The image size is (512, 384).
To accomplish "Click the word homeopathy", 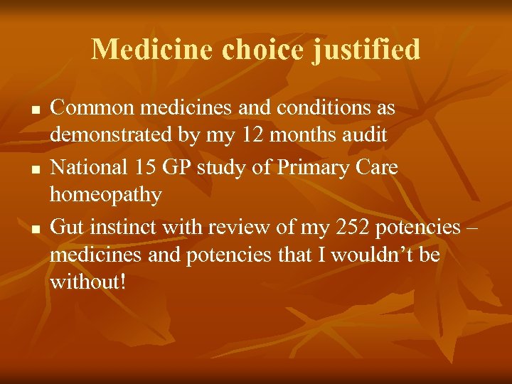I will point(106,195).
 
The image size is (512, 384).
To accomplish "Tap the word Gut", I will point(68,228).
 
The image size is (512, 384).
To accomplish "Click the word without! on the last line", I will point(87,282).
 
